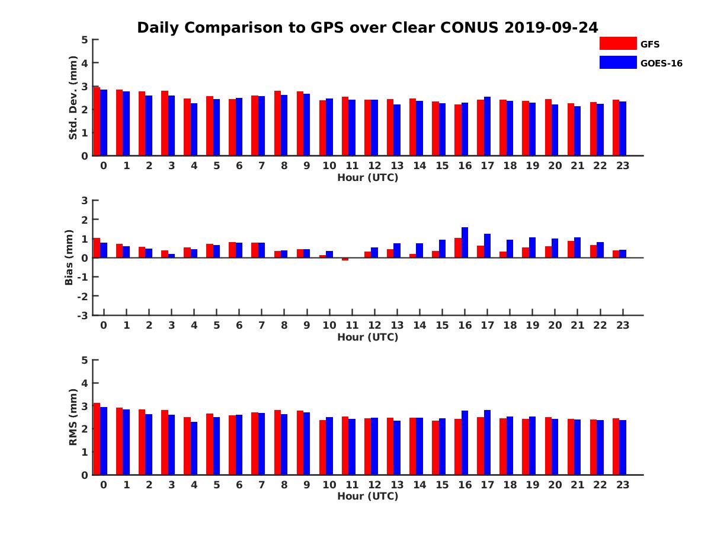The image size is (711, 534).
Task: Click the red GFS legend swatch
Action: (617, 43)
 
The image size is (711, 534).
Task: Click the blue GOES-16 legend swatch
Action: (617, 62)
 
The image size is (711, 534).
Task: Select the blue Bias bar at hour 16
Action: (465, 243)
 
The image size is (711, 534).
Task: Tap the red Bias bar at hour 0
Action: (97, 248)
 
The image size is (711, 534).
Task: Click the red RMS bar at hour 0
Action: (97, 439)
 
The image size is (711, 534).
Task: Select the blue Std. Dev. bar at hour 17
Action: (488, 126)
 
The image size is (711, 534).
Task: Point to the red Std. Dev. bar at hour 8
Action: (277, 123)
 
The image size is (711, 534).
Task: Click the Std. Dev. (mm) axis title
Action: (73, 98)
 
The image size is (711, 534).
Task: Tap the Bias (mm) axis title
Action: (69, 258)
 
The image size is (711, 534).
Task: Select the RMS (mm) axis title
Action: (73, 417)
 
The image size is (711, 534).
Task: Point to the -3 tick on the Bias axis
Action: (83, 315)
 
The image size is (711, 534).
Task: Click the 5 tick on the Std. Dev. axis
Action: (85, 40)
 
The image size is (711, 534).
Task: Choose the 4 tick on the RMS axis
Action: (85, 383)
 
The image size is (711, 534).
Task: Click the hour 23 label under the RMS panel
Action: (622, 484)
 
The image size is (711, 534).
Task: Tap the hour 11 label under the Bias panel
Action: (352, 325)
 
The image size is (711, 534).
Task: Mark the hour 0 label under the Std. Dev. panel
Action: (104, 166)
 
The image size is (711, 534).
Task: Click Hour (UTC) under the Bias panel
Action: (367, 337)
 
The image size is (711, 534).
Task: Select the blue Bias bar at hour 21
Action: (578, 247)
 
